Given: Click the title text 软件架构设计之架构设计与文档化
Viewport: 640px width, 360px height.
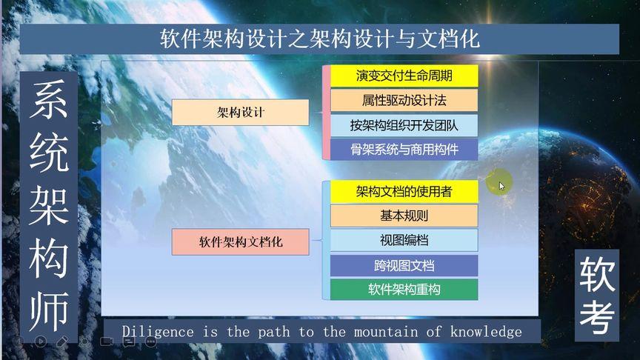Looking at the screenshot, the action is click(319, 39).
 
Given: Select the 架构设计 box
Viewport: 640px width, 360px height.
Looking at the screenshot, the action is click(241, 113).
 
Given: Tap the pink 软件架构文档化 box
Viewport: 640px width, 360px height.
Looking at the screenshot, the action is click(241, 242).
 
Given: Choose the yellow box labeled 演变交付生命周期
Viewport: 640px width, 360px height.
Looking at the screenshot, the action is click(404, 76).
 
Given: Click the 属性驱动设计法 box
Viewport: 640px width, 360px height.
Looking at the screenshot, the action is click(404, 101).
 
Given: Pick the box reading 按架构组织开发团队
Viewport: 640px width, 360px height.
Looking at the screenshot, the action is click(404, 125).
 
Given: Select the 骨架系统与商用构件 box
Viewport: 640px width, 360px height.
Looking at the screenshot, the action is click(404, 150).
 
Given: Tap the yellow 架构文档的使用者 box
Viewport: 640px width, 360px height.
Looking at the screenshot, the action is click(404, 191).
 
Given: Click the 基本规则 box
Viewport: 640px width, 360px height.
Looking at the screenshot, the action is click(404, 216).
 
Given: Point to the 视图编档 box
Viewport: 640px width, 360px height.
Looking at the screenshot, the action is click(404, 241).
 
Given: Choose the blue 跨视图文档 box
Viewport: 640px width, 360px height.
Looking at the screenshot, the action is click(404, 266).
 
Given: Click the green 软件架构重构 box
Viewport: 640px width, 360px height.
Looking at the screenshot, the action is click(404, 290).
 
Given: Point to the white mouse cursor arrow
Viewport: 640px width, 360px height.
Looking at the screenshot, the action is click(501, 186).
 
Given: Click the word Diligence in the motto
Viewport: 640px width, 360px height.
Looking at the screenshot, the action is click(158, 332).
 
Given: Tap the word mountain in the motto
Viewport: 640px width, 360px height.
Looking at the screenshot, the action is click(386, 332).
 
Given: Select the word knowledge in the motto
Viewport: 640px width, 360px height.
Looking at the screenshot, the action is click(486, 332).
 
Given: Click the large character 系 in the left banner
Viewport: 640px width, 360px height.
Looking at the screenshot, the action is click(49, 99).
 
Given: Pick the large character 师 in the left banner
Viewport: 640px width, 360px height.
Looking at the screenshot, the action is click(49, 311).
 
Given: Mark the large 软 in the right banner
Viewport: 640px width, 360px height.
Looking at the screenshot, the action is click(597, 274).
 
